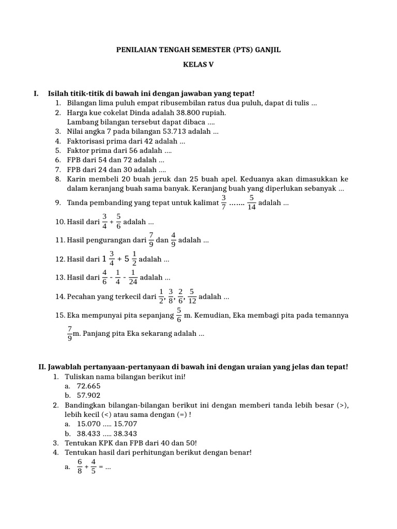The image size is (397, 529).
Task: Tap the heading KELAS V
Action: click(x=198, y=65)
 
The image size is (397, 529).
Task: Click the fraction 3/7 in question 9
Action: click(x=224, y=203)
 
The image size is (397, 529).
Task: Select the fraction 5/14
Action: click(x=251, y=203)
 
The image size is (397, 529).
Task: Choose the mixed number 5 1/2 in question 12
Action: click(x=130, y=259)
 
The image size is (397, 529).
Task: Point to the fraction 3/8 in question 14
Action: click(x=170, y=297)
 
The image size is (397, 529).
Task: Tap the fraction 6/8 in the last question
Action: click(x=80, y=466)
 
